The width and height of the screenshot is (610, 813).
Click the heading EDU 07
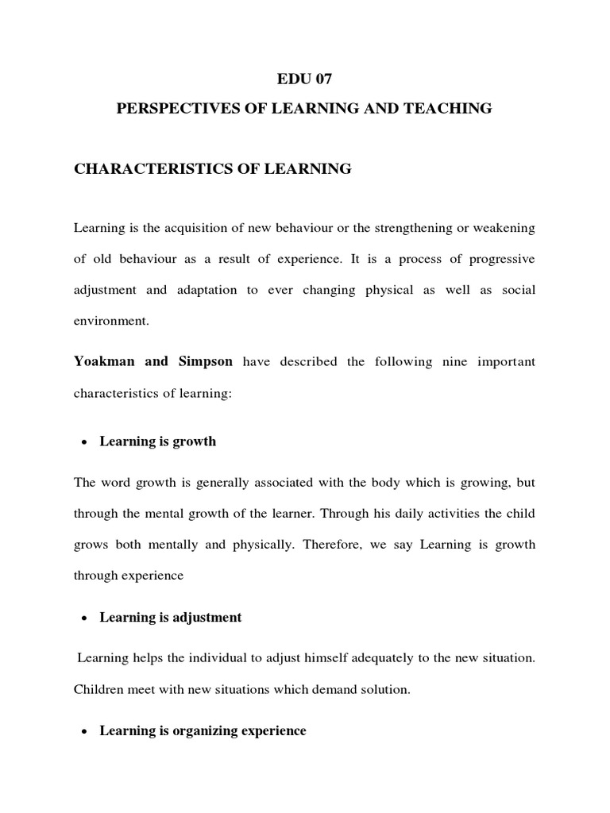pyautogui.click(x=304, y=79)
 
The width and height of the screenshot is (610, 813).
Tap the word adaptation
pyautogui.click(x=202, y=290)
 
